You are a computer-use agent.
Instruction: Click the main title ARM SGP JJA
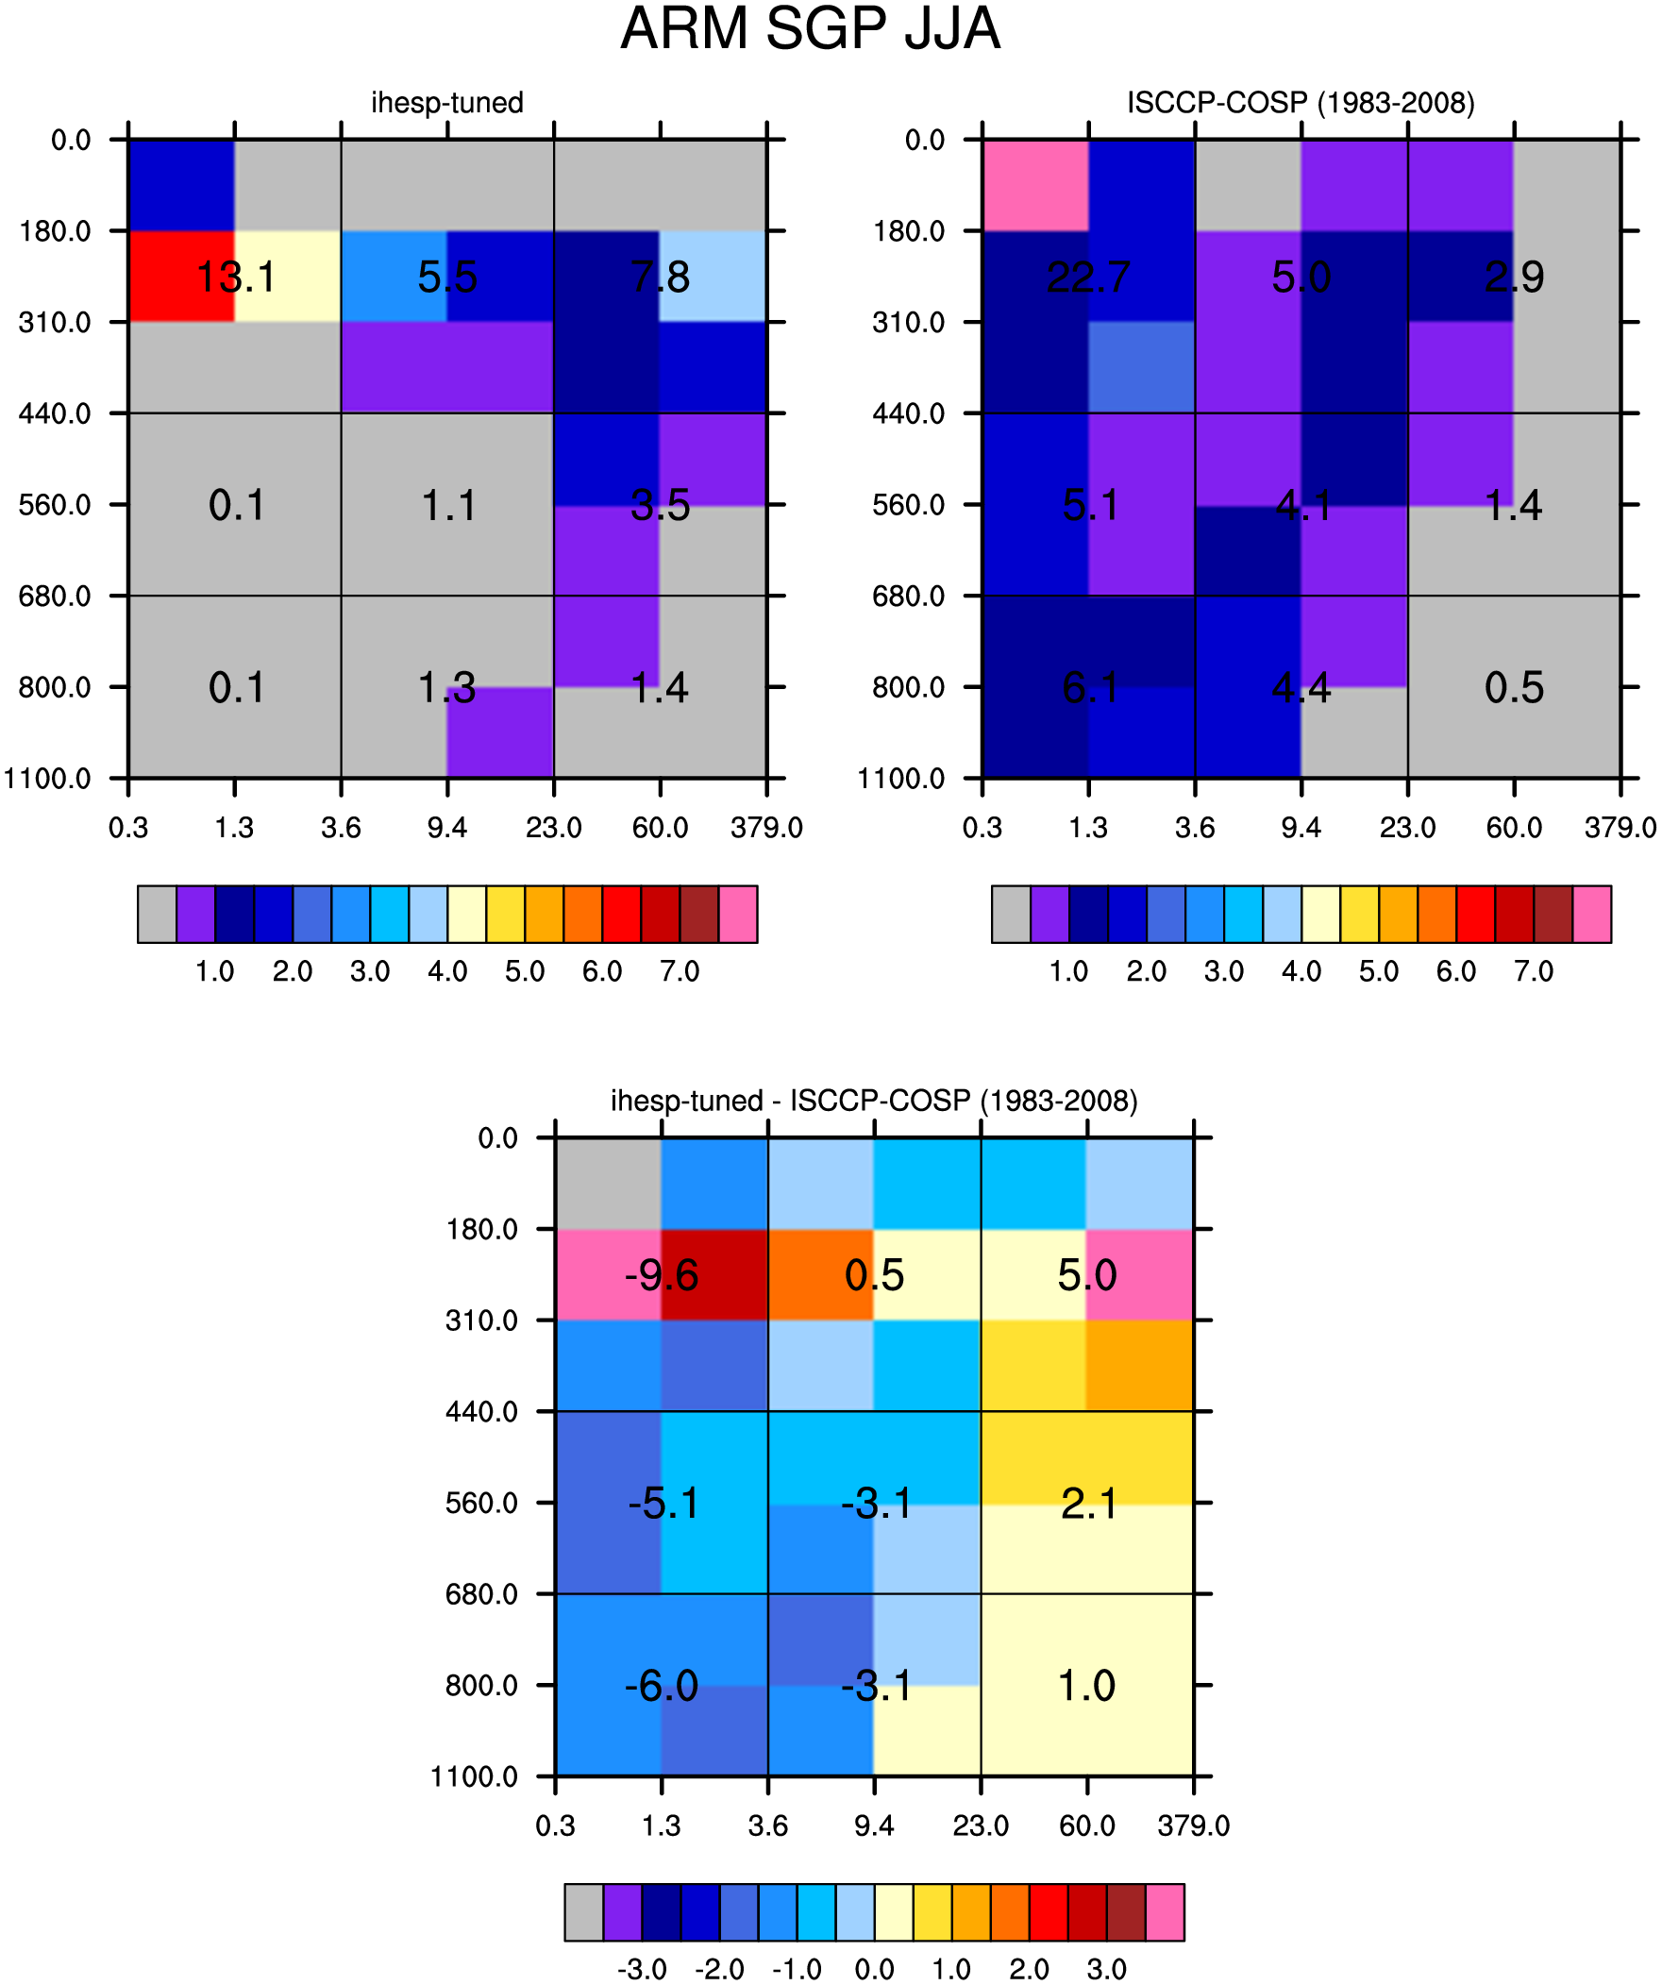[810, 28]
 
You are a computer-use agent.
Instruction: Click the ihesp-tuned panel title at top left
[447, 102]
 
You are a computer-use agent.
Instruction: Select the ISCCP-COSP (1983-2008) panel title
[1301, 102]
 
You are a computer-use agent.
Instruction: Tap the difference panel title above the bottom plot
[875, 1101]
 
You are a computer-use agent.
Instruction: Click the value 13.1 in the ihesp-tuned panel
[235, 277]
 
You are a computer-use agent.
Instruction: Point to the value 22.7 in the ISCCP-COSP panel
[1088, 277]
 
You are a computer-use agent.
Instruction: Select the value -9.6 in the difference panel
[661, 1275]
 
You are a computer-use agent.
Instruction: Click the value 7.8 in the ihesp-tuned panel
[661, 277]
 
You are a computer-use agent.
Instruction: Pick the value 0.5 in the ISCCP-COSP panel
[1514, 687]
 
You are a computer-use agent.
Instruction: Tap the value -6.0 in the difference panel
[661, 1686]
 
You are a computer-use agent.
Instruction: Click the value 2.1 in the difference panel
[1088, 1503]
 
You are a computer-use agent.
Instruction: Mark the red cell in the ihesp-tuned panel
[181, 276]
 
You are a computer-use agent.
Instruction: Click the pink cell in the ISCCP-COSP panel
[1035, 185]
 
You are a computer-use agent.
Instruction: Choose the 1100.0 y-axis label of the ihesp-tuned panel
[48, 779]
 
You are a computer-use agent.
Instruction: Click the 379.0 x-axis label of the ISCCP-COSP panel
[1620, 828]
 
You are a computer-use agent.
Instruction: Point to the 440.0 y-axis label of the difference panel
[482, 1412]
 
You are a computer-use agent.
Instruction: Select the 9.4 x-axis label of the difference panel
[875, 1825]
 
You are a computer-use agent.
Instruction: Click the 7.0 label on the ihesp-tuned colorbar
[680, 970]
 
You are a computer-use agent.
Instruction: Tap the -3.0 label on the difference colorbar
[642, 1969]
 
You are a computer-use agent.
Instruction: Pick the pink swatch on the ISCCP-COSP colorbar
[1592, 914]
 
